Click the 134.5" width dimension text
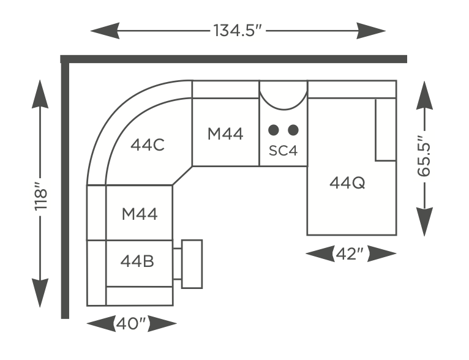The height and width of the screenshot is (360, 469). [238, 31]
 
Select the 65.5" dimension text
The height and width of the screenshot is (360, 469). [424, 156]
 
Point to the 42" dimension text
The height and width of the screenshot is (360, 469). [350, 254]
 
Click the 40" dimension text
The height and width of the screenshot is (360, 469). [131, 323]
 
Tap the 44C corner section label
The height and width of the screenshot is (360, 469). [148, 145]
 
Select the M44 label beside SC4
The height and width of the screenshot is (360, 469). [225, 133]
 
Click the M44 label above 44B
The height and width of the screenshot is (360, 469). [140, 214]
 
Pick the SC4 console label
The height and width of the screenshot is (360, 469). [283, 151]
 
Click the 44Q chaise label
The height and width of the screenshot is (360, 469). [347, 182]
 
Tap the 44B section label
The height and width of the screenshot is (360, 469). [137, 261]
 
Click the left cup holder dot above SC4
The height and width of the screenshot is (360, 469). [274, 130]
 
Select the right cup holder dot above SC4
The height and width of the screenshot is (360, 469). [293, 130]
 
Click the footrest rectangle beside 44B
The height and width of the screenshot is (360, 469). [192, 264]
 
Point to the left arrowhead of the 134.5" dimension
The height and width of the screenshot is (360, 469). [105, 31]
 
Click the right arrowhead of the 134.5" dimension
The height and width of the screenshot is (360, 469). [370, 31]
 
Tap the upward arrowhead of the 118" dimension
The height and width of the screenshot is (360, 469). [40, 94]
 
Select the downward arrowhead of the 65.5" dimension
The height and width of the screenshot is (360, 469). [424, 222]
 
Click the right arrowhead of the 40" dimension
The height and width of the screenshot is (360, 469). [162, 323]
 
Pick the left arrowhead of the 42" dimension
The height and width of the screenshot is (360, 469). [320, 254]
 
